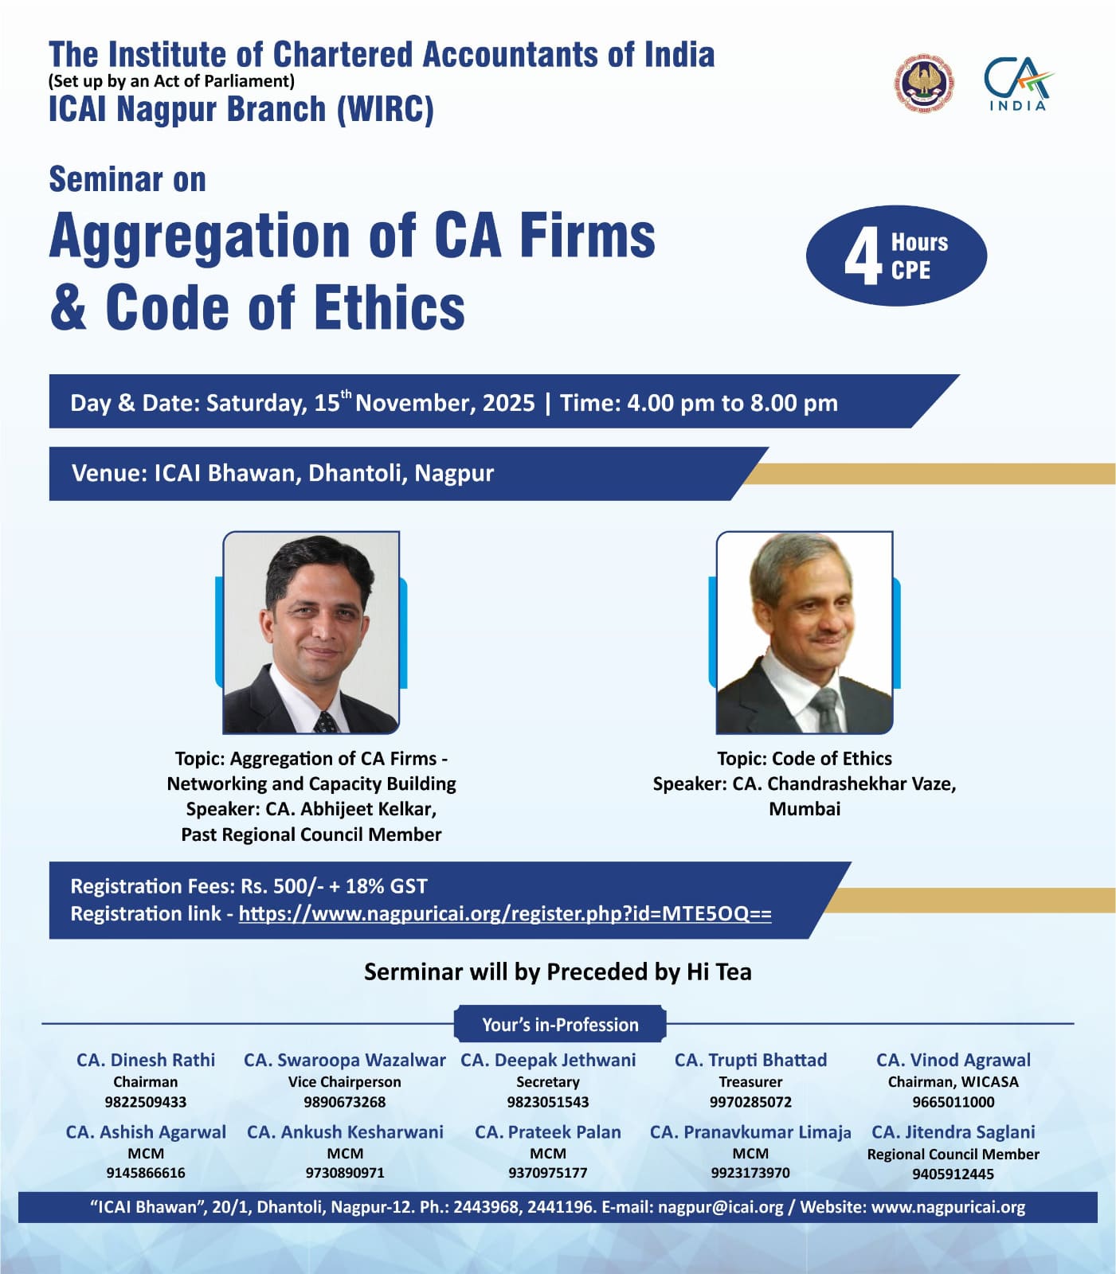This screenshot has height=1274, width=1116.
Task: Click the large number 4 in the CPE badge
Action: (863, 256)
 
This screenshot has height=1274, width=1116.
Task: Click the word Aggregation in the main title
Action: (199, 236)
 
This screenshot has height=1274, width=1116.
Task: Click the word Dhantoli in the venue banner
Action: (358, 473)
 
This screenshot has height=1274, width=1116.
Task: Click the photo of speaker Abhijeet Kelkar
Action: (311, 632)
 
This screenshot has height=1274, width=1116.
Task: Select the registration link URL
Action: (505, 913)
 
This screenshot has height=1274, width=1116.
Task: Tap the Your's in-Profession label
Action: (560, 1025)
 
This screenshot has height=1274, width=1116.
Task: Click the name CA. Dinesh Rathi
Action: (146, 1060)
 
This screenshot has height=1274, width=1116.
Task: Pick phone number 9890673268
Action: (344, 1102)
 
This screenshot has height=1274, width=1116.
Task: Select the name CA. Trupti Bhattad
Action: (750, 1060)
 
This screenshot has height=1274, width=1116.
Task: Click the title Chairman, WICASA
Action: (953, 1082)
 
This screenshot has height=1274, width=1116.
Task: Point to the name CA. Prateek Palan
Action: (548, 1131)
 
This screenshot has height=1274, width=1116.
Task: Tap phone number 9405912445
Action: (953, 1174)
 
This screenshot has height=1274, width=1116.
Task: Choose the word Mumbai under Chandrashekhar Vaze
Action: (805, 809)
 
